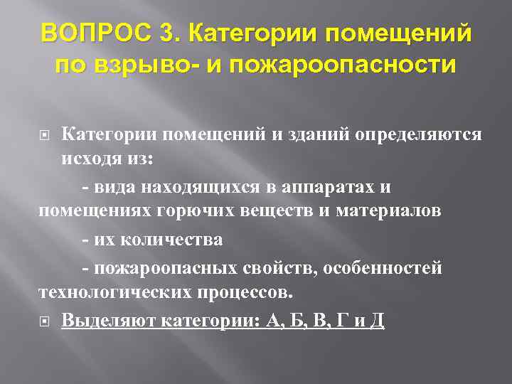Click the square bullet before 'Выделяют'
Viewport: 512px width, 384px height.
click(45, 321)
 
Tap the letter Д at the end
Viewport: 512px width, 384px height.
click(378, 320)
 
